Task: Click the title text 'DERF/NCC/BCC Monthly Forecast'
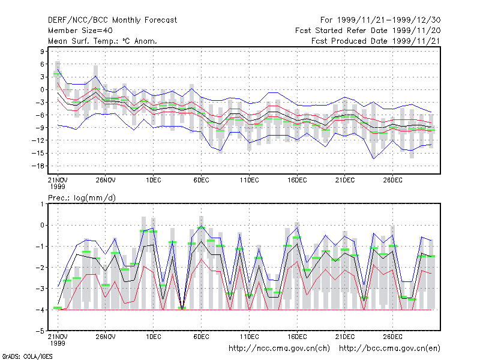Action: click(x=112, y=20)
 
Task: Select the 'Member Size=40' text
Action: click(x=80, y=31)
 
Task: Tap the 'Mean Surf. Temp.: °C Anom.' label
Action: click(x=103, y=41)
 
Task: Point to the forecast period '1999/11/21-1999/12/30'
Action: click(x=389, y=20)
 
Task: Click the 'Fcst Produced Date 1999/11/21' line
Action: click(x=376, y=41)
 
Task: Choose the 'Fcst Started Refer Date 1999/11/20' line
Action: click(x=368, y=31)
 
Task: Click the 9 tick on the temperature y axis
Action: click(x=42, y=52)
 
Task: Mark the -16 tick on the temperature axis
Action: click(x=38, y=166)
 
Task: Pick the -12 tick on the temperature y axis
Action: click(x=38, y=140)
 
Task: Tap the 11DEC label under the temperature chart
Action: click(x=249, y=180)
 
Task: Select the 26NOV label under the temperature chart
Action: click(x=106, y=180)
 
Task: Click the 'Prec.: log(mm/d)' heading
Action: click(x=82, y=198)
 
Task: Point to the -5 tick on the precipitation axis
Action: click(x=40, y=331)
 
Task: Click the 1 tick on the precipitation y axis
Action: click(x=42, y=204)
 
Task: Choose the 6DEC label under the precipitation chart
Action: click(x=201, y=337)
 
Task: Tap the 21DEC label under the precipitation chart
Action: click(x=344, y=337)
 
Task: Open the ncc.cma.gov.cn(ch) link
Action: click(x=279, y=349)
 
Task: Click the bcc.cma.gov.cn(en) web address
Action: click(x=389, y=349)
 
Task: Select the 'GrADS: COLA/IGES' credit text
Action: click(x=27, y=356)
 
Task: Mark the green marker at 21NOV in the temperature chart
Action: click(x=58, y=74)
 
